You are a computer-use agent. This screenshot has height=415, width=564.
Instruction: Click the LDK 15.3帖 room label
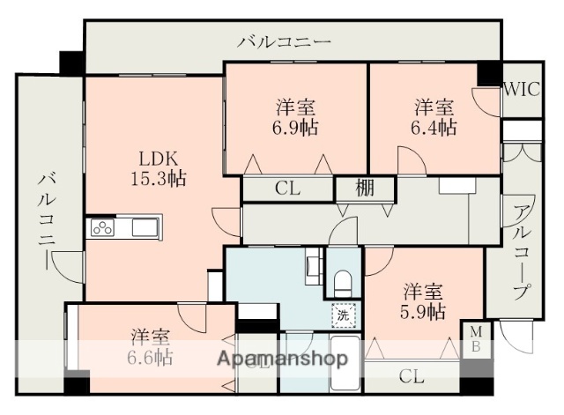pos(160,167)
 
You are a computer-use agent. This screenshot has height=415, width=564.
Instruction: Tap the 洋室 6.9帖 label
pos(296,117)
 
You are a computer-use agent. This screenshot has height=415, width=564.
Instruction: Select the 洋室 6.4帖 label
pos(434,117)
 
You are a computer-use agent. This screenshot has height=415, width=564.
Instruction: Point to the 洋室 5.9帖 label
pos(424,300)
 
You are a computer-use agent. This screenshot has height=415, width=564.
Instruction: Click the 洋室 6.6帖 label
pos(152,347)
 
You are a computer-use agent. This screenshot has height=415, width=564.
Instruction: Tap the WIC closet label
pos(522,88)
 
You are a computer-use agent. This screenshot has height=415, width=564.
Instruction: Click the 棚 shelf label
pos(365,189)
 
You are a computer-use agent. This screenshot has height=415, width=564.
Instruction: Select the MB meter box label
pos(475,338)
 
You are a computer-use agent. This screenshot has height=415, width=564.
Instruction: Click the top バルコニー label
pos(284,41)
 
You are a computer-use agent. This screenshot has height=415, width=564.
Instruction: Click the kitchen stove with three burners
pos(103,228)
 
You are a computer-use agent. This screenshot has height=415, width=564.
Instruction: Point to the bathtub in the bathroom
pos(344,366)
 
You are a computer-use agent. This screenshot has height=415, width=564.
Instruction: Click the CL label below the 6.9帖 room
pos(286,189)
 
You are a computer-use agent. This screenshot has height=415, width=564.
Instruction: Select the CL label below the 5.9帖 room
pos(411,377)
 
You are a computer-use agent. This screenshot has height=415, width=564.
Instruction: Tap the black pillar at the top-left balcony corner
pos(70,63)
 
